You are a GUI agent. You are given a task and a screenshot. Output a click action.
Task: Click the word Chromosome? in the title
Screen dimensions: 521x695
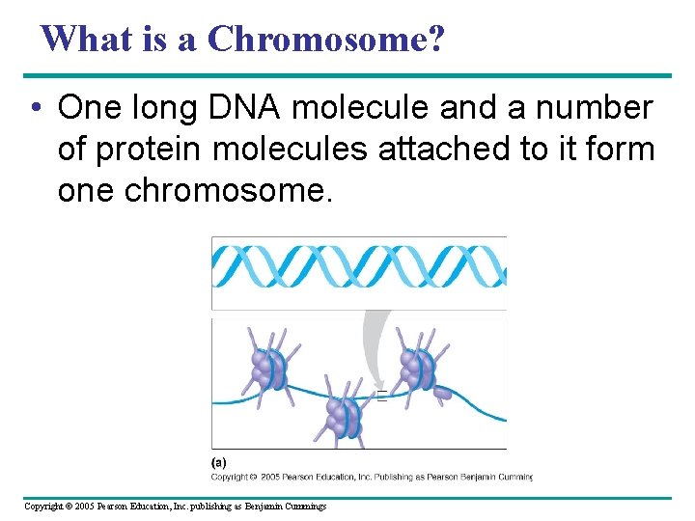click(326, 39)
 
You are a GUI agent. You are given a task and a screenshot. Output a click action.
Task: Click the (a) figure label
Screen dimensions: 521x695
click(220, 462)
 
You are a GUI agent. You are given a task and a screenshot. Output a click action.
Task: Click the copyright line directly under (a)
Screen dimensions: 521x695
click(371, 476)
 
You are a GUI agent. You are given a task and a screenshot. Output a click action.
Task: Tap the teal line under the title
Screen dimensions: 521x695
click(347, 75)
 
